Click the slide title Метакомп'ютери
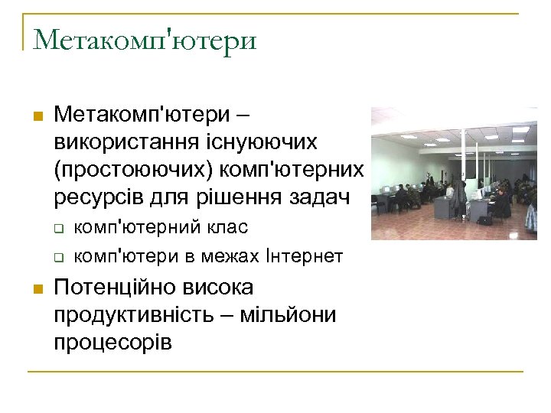tap(145, 39)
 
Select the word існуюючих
tap(267, 141)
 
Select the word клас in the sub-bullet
tap(227, 227)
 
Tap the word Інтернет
tap(304, 255)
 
